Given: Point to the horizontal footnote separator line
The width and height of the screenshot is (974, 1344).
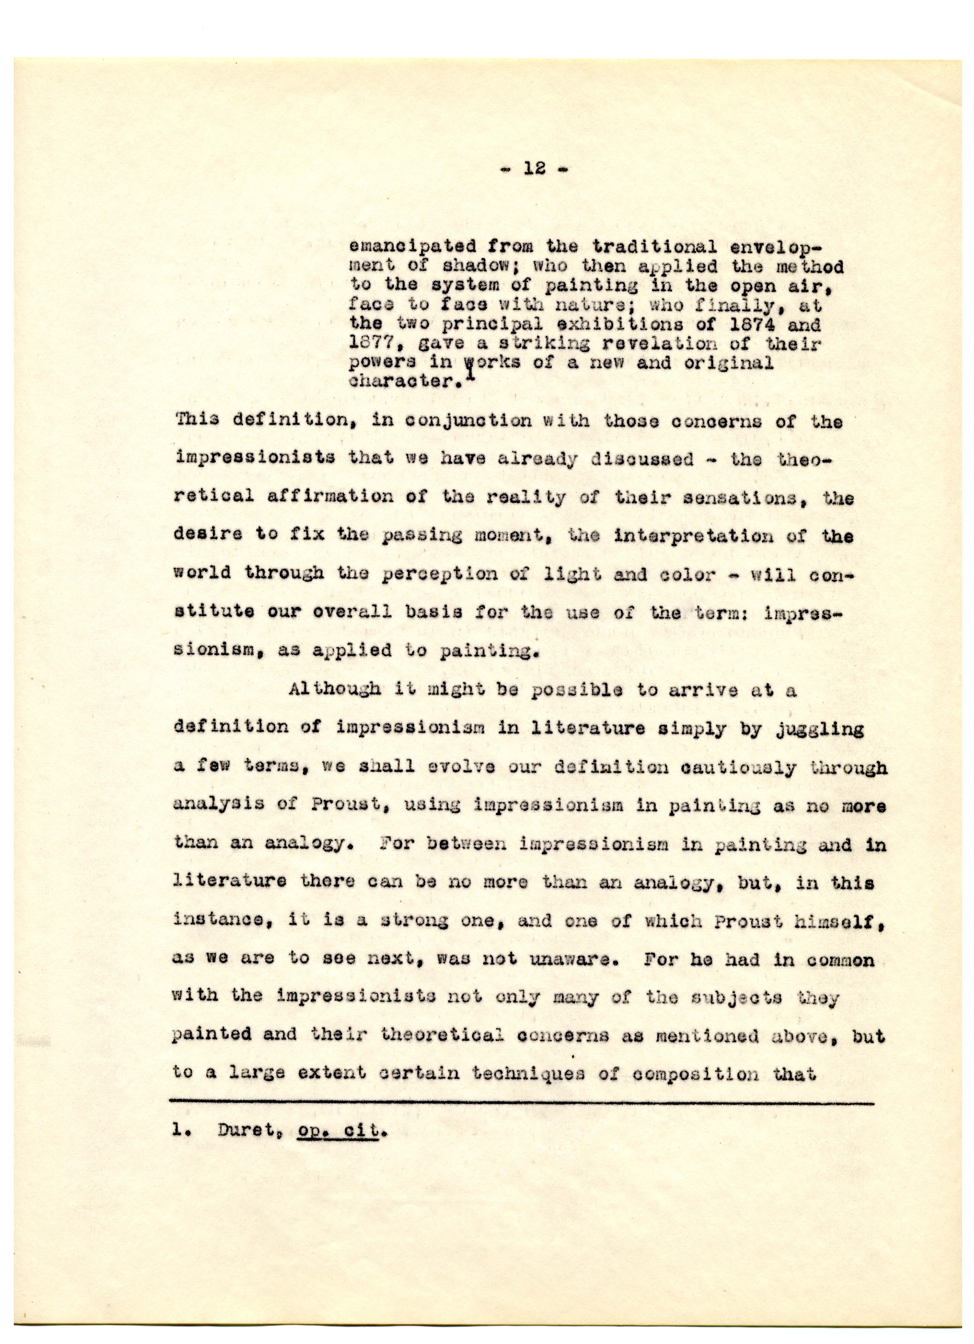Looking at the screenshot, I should point(521,1103).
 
